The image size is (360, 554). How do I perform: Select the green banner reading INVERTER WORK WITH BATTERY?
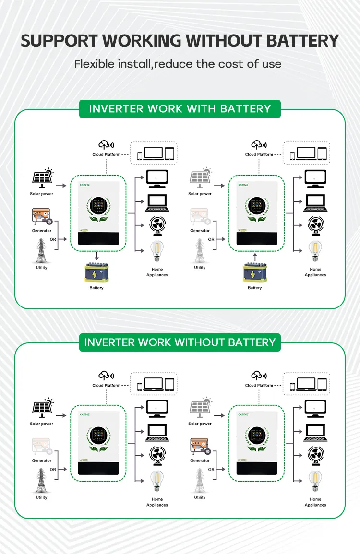(180, 108)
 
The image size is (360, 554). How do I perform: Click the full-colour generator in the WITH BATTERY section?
(41, 217)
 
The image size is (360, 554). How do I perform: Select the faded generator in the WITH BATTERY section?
(200, 217)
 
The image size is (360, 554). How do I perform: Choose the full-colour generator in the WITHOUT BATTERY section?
(200, 447)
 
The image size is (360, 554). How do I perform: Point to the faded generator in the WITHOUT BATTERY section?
(41, 447)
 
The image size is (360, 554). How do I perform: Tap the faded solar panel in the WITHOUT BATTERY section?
(200, 408)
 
